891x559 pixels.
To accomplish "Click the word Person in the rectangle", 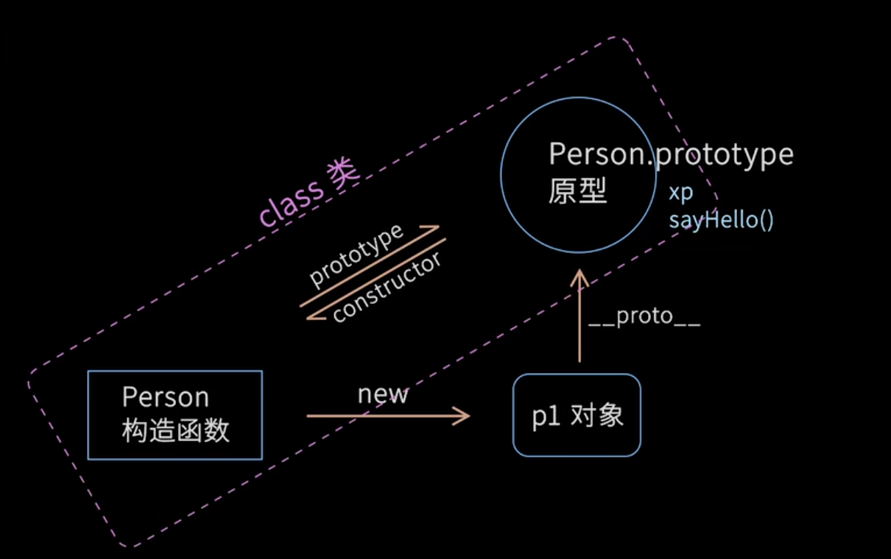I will pyautogui.click(x=166, y=397).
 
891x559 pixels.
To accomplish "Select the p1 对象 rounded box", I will pyautogui.click(x=577, y=416).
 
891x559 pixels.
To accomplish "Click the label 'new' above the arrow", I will pyautogui.click(x=383, y=394).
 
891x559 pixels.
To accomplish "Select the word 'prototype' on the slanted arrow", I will pyautogui.click(x=356, y=254).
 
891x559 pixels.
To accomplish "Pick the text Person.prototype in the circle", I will pyautogui.click(x=671, y=154).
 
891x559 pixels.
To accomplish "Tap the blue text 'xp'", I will pyautogui.click(x=680, y=193).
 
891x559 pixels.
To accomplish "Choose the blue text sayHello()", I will pyautogui.click(x=721, y=220).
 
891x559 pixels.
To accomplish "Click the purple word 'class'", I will pyautogui.click(x=291, y=202).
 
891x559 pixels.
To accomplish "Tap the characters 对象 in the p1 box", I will pyautogui.click(x=597, y=416).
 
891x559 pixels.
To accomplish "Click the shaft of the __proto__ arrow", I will pyautogui.click(x=580, y=324).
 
